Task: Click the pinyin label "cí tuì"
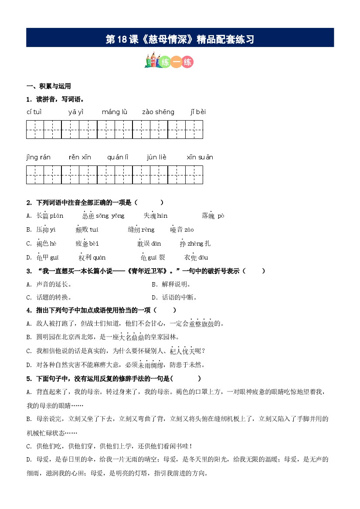(x=34, y=112)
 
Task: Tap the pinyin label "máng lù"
(x=114, y=112)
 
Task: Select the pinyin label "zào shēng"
(x=158, y=112)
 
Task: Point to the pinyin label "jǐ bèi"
(x=198, y=112)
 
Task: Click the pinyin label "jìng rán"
(x=38, y=157)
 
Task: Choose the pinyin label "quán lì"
(x=118, y=157)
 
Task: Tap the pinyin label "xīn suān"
(x=200, y=157)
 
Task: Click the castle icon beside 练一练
(x=151, y=62)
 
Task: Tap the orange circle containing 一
(x=176, y=62)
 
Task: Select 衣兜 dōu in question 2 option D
(x=196, y=257)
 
